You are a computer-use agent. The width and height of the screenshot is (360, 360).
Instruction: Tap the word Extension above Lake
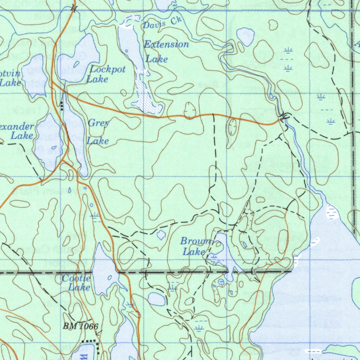(x=167, y=44)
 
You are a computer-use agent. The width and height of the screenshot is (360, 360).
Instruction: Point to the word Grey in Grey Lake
(x=98, y=123)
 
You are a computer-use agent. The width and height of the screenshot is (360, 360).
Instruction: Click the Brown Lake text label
(x=195, y=246)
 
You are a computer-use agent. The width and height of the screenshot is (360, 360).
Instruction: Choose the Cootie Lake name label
(x=77, y=283)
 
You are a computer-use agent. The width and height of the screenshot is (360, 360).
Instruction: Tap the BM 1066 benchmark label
(x=80, y=326)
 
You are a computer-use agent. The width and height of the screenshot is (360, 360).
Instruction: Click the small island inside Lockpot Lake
(x=76, y=64)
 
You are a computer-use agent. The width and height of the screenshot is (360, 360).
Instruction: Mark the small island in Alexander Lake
(x=54, y=148)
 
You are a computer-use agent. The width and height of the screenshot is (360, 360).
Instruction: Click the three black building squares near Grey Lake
(x=62, y=105)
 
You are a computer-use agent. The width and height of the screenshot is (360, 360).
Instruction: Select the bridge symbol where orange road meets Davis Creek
(x=284, y=116)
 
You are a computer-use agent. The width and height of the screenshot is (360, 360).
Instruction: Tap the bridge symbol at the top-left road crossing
(x=73, y=8)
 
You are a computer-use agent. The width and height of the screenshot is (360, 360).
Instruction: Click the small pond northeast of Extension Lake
(x=245, y=36)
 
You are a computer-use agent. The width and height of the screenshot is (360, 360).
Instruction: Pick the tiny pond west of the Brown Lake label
(x=161, y=234)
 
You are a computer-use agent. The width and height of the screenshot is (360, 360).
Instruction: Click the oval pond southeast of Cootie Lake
(x=156, y=299)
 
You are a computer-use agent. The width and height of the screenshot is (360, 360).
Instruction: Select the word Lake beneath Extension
(x=157, y=59)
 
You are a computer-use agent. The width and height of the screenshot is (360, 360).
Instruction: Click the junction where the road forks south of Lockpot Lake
(x=53, y=83)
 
